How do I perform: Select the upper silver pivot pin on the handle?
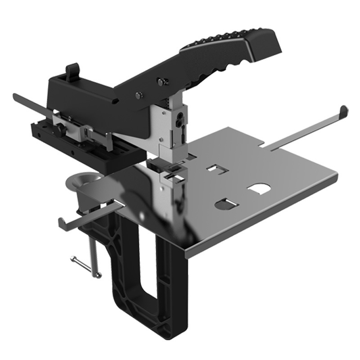(160, 81)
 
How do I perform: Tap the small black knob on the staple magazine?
(59, 130)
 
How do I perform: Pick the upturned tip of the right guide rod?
(343, 110)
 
